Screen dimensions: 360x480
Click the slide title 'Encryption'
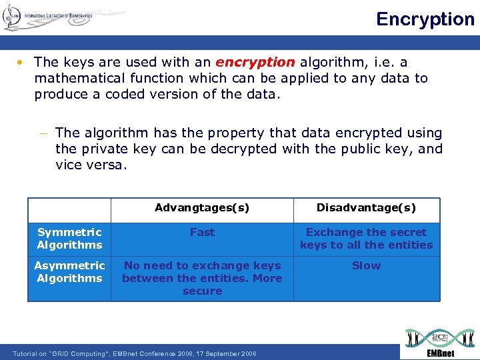click(425, 19)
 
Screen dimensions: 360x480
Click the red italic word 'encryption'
click(255, 62)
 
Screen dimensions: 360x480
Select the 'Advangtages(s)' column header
click(202, 208)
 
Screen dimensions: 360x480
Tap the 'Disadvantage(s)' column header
click(366, 208)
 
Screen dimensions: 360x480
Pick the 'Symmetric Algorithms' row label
click(69, 239)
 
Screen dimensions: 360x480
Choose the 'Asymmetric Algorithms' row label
click(69, 272)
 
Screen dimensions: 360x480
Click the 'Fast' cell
click(202, 232)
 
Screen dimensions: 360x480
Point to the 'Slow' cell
click(366, 265)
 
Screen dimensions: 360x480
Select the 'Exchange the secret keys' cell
click(366, 239)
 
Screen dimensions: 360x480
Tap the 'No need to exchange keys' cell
click(202, 278)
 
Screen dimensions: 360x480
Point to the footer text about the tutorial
click(134, 353)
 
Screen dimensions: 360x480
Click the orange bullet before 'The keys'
click(22, 63)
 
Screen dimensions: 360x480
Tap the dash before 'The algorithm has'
click(45, 133)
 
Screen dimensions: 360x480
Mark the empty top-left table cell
click(69, 210)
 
